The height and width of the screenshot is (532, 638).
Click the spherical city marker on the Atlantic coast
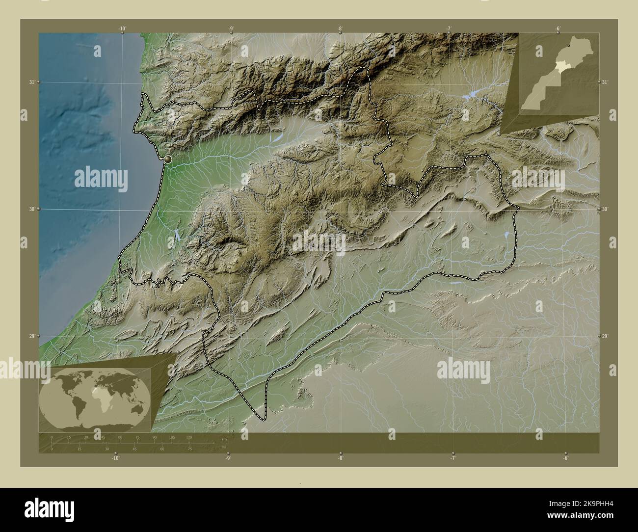(x=168, y=160)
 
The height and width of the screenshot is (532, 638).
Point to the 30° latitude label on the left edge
(x=31, y=209)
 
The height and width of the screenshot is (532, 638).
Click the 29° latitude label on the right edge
(x=606, y=336)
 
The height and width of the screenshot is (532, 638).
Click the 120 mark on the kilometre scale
(x=189, y=437)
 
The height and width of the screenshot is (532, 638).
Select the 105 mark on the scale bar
(x=172, y=437)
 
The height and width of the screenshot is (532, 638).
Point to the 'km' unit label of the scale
(x=224, y=439)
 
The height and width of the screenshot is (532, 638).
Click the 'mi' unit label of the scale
(x=224, y=447)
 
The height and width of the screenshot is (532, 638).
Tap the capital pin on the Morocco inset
(x=568, y=45)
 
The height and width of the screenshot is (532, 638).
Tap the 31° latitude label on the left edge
(x=31, y=82)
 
